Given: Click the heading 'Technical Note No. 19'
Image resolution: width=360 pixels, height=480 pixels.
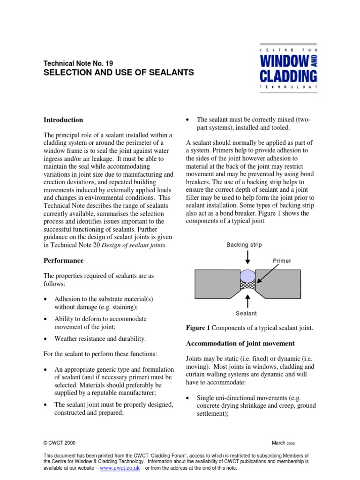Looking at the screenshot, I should tap(78, 63).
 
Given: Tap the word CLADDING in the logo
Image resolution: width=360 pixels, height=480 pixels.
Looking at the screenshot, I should tap(288, 75).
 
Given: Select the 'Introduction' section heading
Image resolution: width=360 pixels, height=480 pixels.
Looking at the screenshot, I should tap(63, 120).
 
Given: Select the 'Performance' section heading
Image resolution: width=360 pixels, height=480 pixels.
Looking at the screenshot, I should tap(63, 260).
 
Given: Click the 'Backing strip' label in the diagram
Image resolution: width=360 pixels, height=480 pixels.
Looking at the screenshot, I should tap(244, 245).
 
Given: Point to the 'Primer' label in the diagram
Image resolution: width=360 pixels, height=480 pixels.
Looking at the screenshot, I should tap(282, 261).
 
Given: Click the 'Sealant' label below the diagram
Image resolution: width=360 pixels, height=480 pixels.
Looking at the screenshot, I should tap(247, 313).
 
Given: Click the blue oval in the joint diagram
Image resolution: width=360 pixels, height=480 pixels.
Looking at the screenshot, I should tap(247, 274).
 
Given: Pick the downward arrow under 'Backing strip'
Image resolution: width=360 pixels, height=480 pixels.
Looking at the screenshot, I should tap(247, 258).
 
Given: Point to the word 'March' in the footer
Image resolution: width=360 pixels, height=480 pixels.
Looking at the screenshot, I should tap(278, 442).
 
